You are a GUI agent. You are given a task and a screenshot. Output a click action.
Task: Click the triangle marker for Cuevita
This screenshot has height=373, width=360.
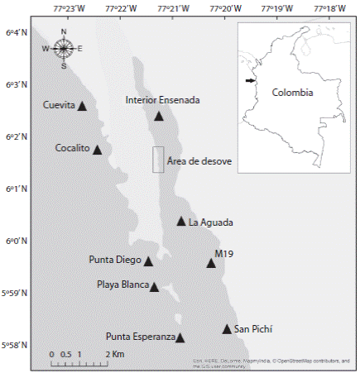82,106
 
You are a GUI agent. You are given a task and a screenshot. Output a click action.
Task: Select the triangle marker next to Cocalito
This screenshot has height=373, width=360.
97,150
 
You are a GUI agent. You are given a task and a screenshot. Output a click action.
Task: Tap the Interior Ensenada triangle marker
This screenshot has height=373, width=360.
158,116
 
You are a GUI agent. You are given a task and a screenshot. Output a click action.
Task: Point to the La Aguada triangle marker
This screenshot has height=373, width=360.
181,222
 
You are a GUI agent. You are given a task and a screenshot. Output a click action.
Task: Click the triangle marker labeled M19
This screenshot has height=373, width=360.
211,263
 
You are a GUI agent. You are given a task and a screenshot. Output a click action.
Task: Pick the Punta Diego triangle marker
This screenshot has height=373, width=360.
148,261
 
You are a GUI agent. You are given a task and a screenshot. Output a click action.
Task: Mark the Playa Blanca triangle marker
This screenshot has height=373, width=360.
154,287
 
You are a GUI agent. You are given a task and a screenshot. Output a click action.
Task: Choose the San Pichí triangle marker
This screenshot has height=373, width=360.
227,329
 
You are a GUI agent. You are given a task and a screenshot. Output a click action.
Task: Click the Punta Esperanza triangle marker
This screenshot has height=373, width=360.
180,337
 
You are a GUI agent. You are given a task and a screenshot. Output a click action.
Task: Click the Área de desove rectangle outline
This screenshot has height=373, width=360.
158,160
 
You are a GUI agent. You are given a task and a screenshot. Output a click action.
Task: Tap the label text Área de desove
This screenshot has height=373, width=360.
199,160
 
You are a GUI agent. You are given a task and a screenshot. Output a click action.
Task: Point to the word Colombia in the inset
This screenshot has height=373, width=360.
292,93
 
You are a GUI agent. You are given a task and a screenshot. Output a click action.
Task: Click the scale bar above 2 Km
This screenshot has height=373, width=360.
79,361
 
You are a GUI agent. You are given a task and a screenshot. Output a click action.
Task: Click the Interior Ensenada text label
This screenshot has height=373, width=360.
163,100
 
